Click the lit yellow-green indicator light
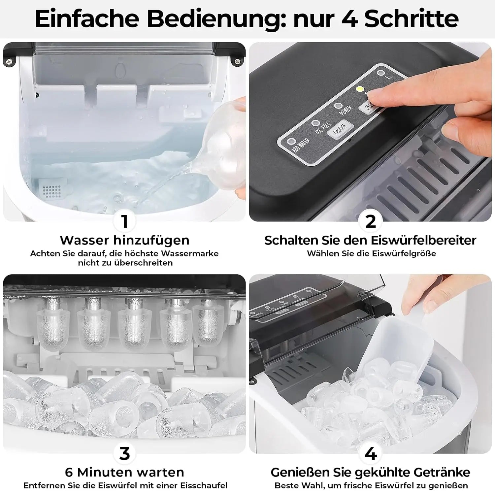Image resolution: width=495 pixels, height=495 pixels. coord(360,89)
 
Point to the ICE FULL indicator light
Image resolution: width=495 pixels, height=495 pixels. coord(316,123)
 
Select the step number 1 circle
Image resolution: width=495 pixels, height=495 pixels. coord(124,221)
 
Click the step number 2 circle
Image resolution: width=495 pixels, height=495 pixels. coord(371,221)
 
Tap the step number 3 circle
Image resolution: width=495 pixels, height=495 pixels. coord(124,453)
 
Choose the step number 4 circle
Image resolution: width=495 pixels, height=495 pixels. coord(371,453)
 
